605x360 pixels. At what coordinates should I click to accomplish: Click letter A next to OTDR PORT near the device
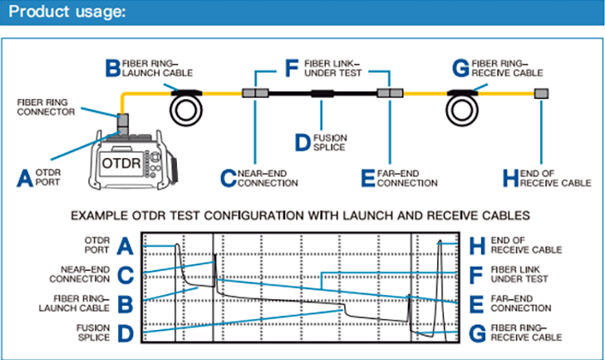tap(26, 176)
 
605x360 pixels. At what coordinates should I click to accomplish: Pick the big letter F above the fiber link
tap(291, 67)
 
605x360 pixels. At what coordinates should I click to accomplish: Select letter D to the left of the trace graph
tap(125, 333)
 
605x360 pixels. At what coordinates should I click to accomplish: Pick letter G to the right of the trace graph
tap(476, 333)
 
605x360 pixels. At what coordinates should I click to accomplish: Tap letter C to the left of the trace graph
tap(125, 274)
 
